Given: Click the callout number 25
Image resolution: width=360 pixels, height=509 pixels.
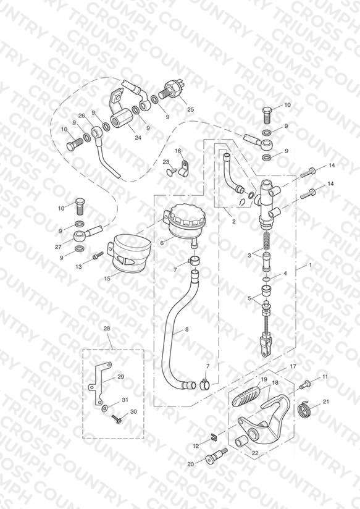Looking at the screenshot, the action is click(x=191, y=109).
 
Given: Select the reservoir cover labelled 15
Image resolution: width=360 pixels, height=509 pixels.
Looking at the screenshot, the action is click(x=128, y=254).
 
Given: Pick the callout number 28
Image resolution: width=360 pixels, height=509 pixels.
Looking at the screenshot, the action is click(x=107, y=328).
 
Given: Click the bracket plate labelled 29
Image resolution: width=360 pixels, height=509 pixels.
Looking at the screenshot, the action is click(x=99, y=384).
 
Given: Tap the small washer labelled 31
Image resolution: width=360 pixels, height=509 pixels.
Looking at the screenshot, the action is click(x=105, y=408).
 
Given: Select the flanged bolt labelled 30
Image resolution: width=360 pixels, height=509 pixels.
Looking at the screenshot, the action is click(x=116, y=419).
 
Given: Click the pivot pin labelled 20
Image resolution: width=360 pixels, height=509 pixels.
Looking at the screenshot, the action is click(x=216, y=456).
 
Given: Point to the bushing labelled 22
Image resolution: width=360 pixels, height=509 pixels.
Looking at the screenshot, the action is click(x=243, y=442).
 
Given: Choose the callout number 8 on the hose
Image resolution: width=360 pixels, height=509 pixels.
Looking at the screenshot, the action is click(x=186, y=329).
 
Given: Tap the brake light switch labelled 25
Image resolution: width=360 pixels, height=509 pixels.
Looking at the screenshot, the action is click(x=172, y=90).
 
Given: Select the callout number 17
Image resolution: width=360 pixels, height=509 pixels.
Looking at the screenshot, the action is click(x=293, y=366).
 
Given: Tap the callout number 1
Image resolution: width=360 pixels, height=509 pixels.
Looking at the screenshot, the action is click(x=311, y=265).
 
